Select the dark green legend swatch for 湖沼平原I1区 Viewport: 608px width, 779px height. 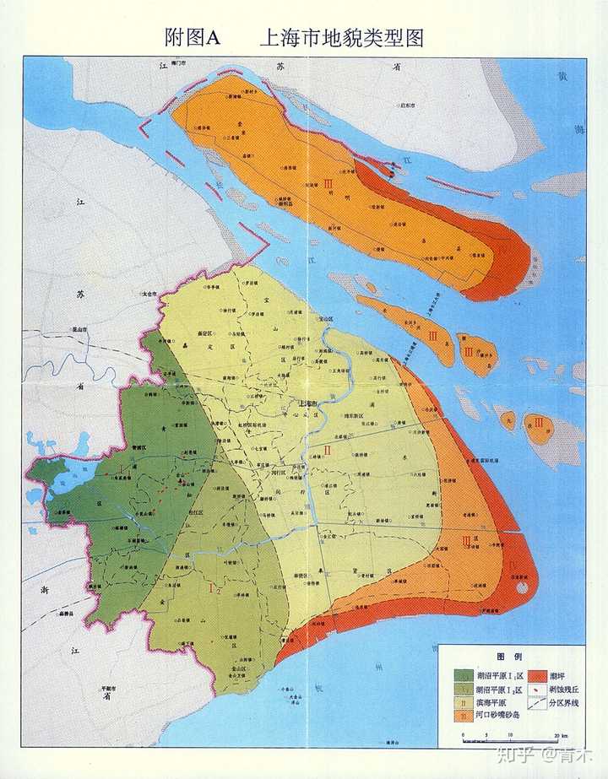coord(464,675)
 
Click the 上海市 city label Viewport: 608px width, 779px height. coord(312,404)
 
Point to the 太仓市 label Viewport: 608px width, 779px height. coord(149,294)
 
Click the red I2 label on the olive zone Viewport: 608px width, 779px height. coord(214,589)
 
